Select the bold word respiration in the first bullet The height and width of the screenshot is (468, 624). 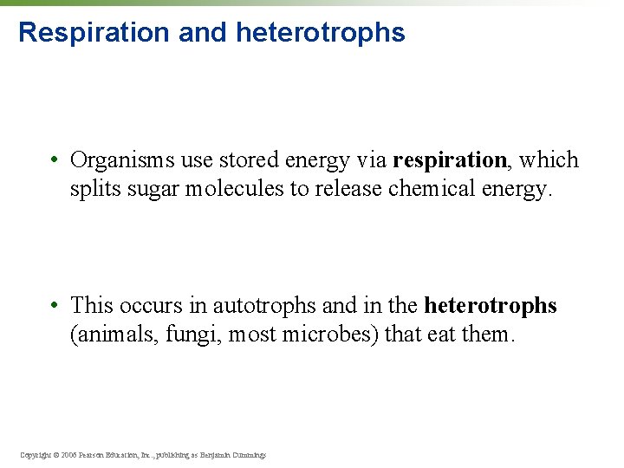(450, 160)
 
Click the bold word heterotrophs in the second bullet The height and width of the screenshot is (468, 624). (490, 306)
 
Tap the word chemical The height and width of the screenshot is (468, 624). (420, 189)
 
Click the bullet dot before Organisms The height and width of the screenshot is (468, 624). (54, 160)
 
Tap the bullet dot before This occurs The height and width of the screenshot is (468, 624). (54, 306)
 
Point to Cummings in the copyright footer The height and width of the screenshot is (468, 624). (249, 454)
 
